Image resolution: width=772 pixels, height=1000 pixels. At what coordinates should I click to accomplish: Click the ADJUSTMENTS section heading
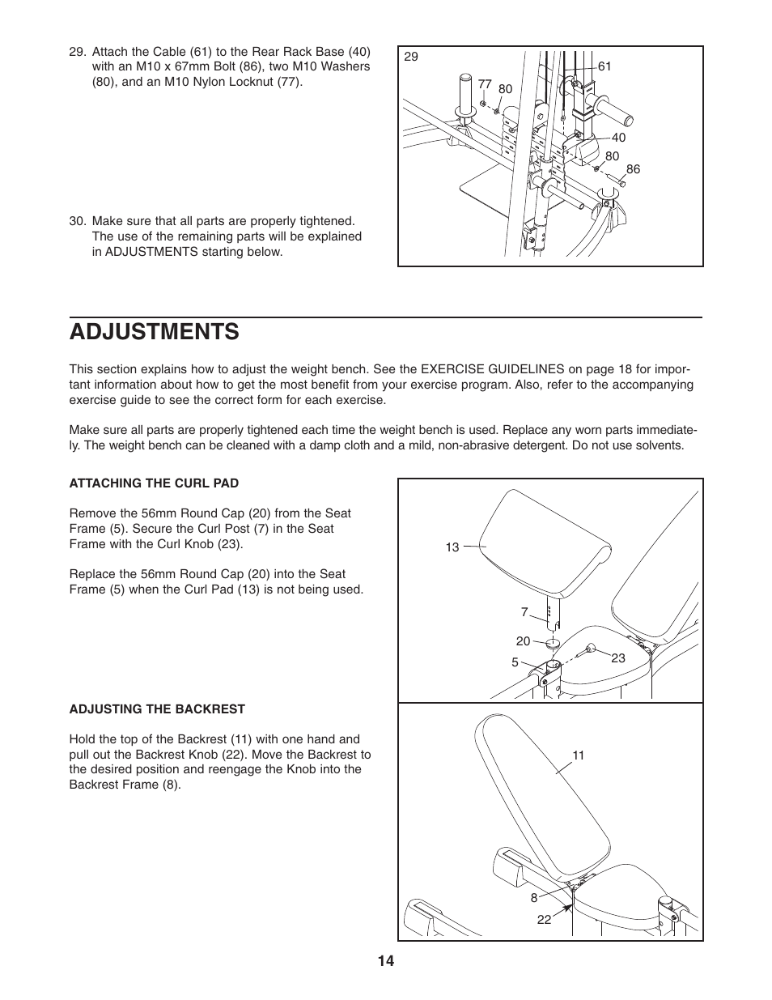pyautogui.click(x=154, y=331)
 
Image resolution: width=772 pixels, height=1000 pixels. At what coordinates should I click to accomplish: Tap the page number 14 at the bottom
pyautogui.click(x=385, y=961)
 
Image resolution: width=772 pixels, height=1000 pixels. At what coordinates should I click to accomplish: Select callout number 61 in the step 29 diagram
pyautogui.click(x=604, y=67)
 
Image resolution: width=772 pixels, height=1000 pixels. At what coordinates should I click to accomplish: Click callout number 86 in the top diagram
pyautogui.click(x=633, y=169)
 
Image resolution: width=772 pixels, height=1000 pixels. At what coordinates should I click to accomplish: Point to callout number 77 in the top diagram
pyautogui.click(x=485, y=83)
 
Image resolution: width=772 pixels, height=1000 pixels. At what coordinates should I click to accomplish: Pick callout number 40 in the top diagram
pyautogui.click(x=618, y=138)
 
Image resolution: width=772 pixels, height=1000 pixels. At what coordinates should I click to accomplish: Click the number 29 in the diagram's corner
pyautogui.click(x=411, y=57)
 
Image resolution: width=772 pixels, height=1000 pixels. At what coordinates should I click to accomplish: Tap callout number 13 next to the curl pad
pyautogui.click(x=452, y=547)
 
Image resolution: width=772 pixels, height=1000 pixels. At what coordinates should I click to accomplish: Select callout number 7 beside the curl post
pyautogui.click(x=524, y=612)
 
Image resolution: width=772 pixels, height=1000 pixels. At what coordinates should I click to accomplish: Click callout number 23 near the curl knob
pyautogui.click(x=618, y=658)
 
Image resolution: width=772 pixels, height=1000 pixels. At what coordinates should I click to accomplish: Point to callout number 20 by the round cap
pyautogui.click(x=523, y=641)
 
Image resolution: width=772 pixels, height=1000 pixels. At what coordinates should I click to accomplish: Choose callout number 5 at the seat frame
pyautogui.click(x=515, y=662)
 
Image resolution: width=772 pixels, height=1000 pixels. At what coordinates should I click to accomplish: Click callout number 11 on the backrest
pyautogui.click(x=578, y=755)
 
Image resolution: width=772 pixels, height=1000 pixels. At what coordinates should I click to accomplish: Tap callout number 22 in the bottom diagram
pyautogui.click(x=544, y=920)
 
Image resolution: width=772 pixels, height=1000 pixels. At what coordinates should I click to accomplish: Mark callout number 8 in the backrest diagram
pyautogui.click(x=534, y=898)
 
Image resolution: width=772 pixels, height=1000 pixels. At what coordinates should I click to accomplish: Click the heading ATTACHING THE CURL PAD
pyautogui.click(x=154, y=483)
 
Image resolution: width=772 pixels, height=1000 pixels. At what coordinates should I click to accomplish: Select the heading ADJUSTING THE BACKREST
pyautogui.click(x=157, y=709)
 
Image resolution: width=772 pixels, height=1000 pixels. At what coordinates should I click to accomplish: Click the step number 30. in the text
pyautogui.click(x=78, y=221)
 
